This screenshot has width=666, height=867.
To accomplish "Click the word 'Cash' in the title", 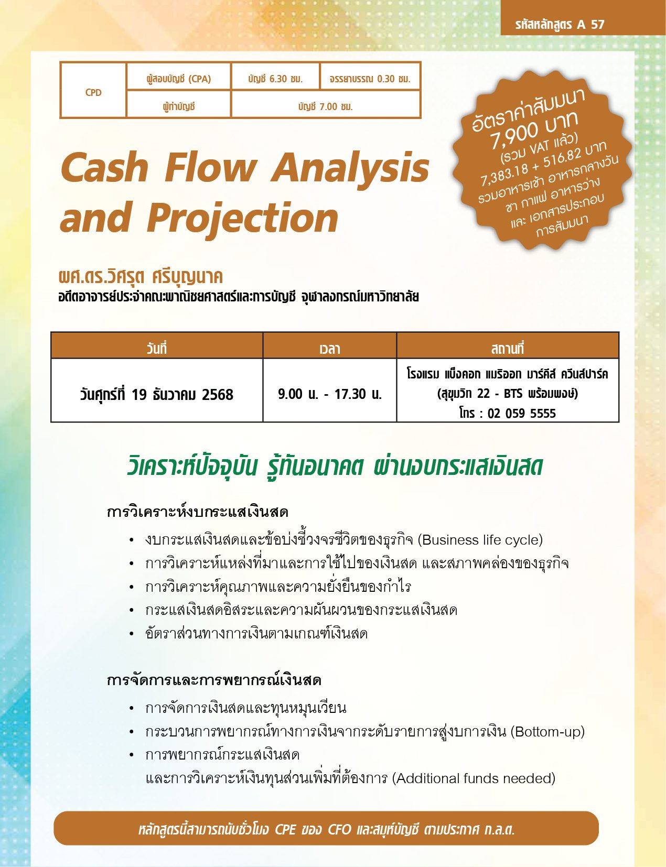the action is click(105, 168).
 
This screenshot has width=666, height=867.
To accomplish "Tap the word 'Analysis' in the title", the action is click(350, 168).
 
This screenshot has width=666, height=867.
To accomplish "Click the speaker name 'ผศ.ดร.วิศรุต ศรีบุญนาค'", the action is click(141, 277).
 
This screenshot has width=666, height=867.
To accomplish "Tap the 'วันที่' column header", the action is click(156, 348).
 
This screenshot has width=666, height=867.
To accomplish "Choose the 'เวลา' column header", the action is click(330, 349).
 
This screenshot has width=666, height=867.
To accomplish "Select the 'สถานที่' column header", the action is click(507, 348).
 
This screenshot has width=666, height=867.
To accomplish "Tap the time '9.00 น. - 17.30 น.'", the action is click(330, 394).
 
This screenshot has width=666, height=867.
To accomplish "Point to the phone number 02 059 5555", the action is click(522, 413).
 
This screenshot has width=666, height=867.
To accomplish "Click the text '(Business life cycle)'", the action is click(480, 540).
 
